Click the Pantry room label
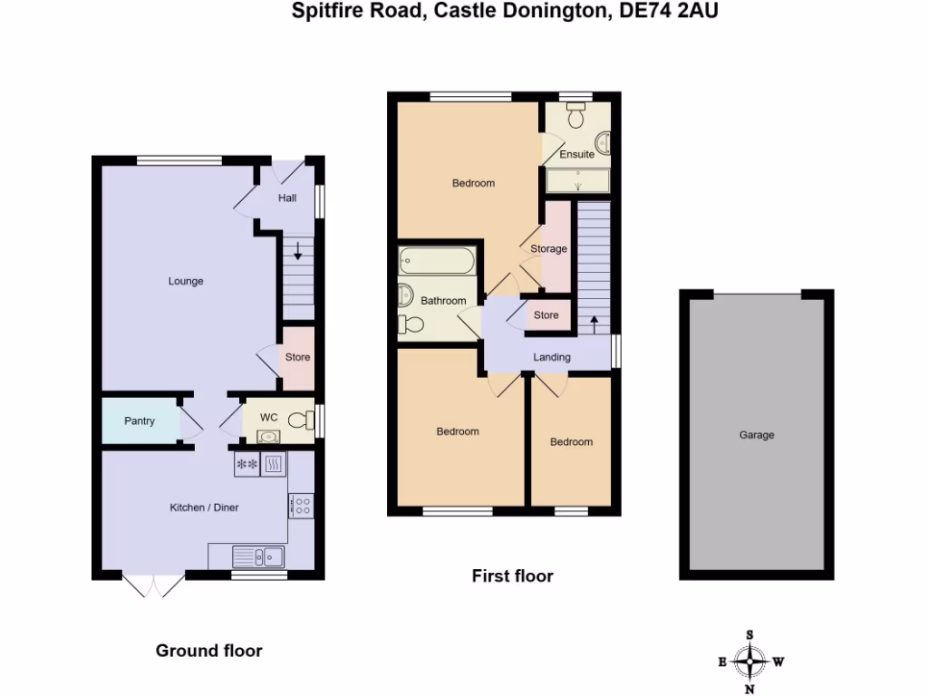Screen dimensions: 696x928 pos(140,421)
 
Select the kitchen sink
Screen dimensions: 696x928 pos(258,556)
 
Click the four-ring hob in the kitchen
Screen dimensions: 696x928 pos(302,506)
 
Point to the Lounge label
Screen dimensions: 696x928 pos(186,281)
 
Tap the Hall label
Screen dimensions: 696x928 pos(287,198)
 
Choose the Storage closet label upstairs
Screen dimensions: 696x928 pos(549,248)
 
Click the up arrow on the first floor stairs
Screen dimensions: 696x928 pos(594,323)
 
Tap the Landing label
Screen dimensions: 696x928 pos(552,357)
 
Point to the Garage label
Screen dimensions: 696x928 pos(757,435)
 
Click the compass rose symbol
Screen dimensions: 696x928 pos(750,662)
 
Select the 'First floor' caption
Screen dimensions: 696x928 pos(512,575)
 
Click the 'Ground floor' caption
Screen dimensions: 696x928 pos(209,650)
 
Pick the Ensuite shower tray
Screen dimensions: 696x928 pos(578,180)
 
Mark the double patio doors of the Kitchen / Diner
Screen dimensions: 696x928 pos(152,586)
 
